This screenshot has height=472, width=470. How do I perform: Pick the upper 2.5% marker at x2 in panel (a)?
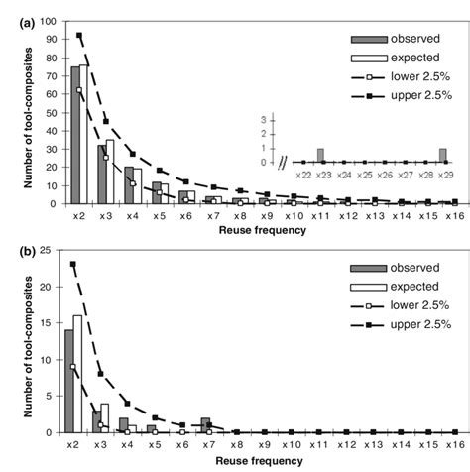(79, 35)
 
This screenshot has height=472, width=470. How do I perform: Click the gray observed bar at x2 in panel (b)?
(69, 382)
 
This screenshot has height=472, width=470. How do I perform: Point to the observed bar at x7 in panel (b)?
(205, 425)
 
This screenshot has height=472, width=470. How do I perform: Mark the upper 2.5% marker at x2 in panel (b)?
(74, 264)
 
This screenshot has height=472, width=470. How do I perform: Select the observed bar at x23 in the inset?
(320, 156)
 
